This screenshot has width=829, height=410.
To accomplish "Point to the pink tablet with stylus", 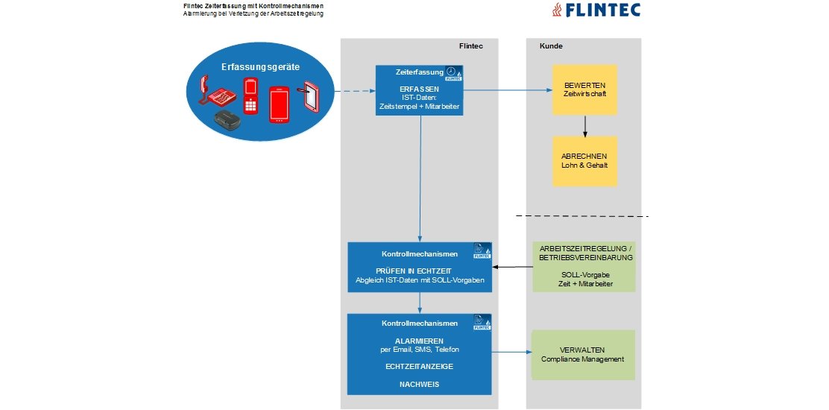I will click(x=309, y=97).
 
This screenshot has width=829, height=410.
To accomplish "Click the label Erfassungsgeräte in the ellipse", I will click(x=260, y=67).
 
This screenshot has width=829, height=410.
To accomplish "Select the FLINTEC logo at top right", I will click(x=593, y=10).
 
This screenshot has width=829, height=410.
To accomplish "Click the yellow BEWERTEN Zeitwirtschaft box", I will click(x=584, y=89).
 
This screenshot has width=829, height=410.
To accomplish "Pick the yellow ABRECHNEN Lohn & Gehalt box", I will click(x=584, y=161).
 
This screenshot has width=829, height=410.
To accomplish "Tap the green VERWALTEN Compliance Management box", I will click(x=582, y=355).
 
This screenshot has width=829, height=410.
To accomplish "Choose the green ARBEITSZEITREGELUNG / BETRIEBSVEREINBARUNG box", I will click(x=585, y=266).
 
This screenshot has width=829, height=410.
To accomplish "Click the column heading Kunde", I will click(x=551, y=47).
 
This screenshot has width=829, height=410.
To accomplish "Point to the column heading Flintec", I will click(x=471, y=47).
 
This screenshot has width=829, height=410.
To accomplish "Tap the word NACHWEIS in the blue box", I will click(x=419, y=385).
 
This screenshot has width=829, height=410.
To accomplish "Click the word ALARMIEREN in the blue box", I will click(x=419, y=340).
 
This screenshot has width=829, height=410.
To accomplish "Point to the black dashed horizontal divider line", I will click(x=582, y=217).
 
